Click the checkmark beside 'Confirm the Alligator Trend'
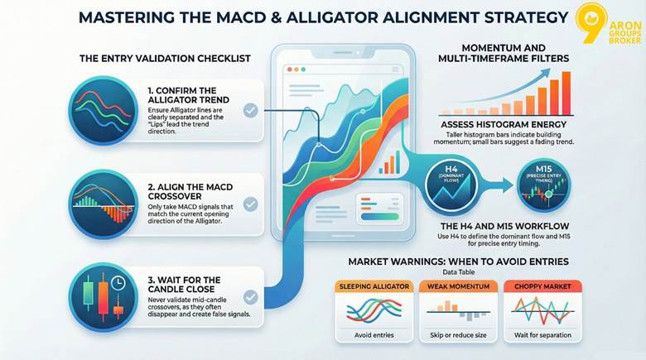coord(250,109)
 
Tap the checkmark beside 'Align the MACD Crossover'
coord(250,203)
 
